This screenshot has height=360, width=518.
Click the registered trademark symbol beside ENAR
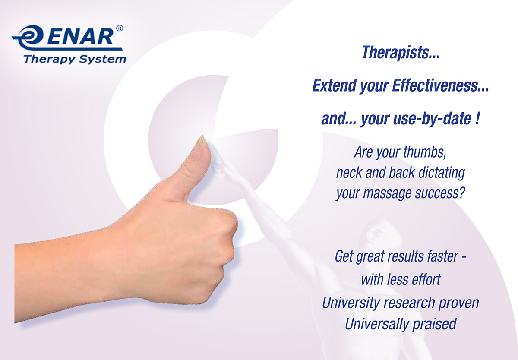pyautogui.click(x=119, y=28)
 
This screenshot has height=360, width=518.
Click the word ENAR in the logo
pyautogui.click(x=80, y=36)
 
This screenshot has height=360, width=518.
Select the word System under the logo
pyautogui.click(x=102, y=60)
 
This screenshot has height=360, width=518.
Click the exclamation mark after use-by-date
pyautogui.click(x=477, y=118)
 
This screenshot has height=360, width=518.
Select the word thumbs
pyautogui.click(x=425, y=152)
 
